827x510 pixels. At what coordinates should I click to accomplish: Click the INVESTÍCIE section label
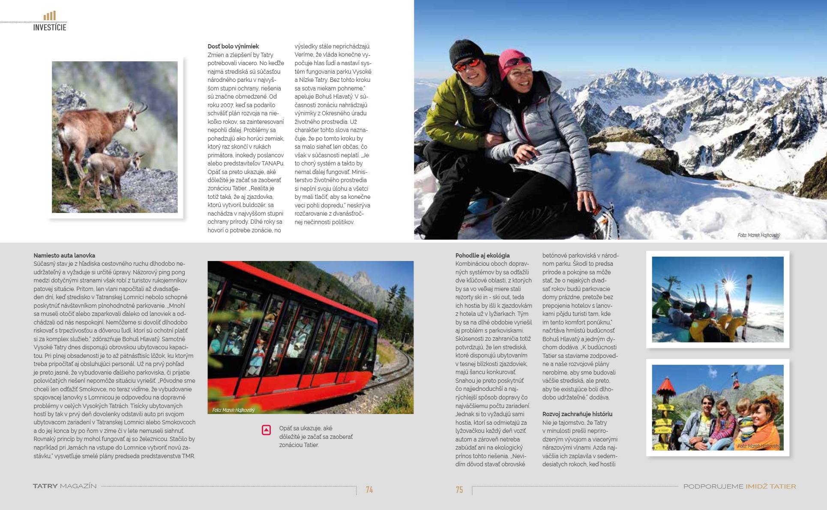click(x=50, y=27)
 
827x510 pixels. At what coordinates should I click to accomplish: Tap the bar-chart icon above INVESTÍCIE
click(x=50, y=16)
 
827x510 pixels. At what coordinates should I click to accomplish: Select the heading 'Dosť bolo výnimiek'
click(x=233, y=46)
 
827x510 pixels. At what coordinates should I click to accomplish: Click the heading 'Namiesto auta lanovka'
click(x=64, y=255)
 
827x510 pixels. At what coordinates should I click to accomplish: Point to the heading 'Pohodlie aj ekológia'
click(x=482, y=255)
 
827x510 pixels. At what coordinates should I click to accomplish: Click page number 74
click(x=369, y=489)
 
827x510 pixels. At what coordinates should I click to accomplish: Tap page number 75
click(x=459, y=489)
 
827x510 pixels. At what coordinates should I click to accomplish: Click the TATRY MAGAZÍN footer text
click(x=65, y=486)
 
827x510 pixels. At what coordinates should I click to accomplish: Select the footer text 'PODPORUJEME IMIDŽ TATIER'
click(x=740, y=486)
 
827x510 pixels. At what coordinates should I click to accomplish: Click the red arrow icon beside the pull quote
click(x=266, y=430)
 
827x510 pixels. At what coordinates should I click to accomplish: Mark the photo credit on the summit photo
click(x=758, y=235)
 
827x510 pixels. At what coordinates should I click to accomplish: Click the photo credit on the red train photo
click(x=234, y=410)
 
